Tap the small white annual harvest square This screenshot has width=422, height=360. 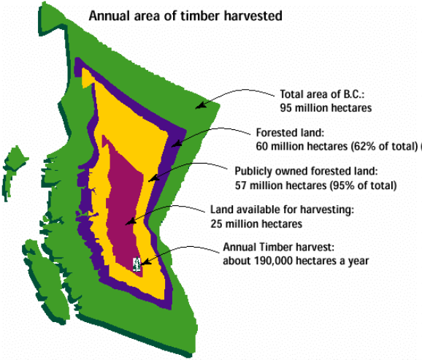[137, 264]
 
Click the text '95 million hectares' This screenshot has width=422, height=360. [326, 107]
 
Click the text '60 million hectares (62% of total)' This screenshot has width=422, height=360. [337, 146]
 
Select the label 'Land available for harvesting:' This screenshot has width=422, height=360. [282, 210]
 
